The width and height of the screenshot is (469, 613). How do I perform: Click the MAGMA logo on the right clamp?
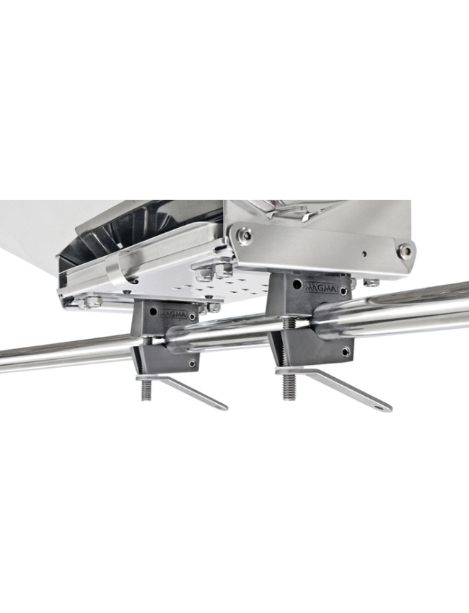click(321, 287)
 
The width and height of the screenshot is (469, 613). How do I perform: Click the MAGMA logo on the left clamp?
click(173, 314)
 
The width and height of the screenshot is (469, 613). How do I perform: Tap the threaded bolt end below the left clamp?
click(146, 390)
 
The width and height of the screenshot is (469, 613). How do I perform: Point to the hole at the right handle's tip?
click(378, 406)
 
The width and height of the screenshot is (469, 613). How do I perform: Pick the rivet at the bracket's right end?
click(405, 251)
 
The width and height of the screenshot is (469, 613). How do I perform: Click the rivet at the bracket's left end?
click(245, 235)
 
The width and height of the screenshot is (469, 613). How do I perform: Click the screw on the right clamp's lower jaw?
click(346, 353)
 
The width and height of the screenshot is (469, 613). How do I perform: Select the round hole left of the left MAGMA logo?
click(154, 312)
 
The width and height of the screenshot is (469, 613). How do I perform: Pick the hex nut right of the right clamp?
click(370, 283)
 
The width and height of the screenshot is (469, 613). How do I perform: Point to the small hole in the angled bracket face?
click(364, 254)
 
